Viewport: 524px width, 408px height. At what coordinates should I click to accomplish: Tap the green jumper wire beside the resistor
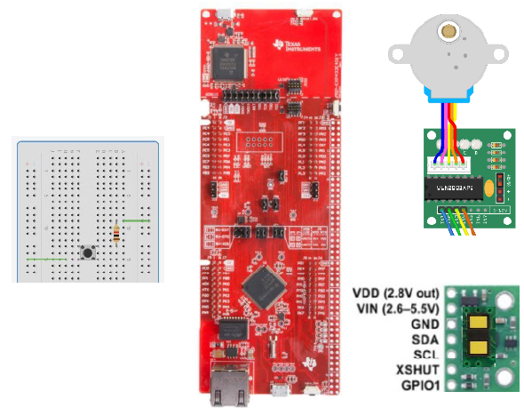(135, 218)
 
